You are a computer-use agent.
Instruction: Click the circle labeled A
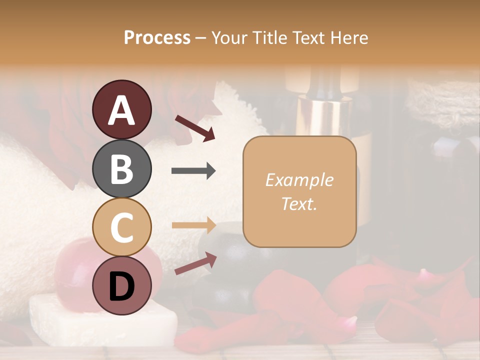coord(122,109)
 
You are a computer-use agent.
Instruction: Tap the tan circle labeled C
coord(122,227)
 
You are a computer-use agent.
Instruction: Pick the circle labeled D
coord(122,285)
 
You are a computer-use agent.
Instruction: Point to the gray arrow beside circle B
coord(193,171)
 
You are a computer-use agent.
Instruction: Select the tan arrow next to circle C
coord(193,225)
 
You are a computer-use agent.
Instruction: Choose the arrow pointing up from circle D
coord(195,263)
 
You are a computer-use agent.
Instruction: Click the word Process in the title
coord(157,37)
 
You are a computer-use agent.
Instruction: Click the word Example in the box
coord(299,180)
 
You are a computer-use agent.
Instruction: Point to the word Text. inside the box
coord(299,203)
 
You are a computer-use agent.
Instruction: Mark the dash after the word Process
coord(200,38)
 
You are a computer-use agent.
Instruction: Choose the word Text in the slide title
coord(306,37)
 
